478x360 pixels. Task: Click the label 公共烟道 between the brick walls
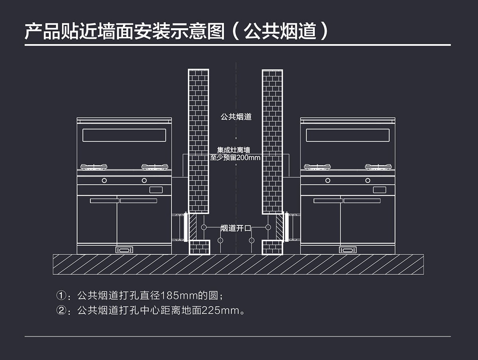[x=236, y=117]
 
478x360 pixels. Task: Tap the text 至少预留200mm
[x=235, y=158]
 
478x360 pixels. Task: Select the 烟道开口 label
[x=236, y=228]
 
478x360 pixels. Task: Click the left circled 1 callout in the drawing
[x=204, y=227]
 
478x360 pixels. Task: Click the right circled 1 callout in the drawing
[x=268, y=227]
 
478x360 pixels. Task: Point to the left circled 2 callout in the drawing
[x=220, y=241]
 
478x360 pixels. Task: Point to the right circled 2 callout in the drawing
[x=251, y=241]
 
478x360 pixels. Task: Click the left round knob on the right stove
[x=328, y=181]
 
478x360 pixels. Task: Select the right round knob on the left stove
[x=144, y=181]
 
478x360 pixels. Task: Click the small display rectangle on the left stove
[x=156, y=190]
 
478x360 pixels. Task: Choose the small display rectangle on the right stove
[x=379, y=190]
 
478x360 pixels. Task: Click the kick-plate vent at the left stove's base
[x=124, y=250]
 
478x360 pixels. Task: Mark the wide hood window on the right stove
[x=348, y=135]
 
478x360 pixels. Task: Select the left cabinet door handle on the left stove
[x=104, y=201]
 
